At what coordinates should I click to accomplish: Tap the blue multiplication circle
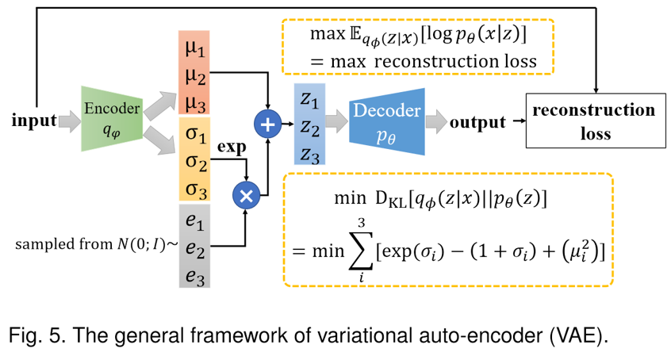pos(245,194)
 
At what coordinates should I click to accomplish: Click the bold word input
pos(33,121)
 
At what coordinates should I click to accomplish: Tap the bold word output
pos(477,122)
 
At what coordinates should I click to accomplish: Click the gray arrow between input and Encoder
pos(69,121)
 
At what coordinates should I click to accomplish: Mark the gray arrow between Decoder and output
pos(435,122)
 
